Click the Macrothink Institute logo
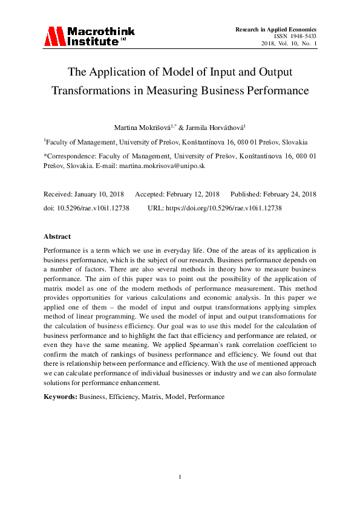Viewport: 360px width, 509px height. pyautogui.click(x=88, y=37)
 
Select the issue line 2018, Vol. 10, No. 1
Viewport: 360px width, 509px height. pyautogui.click(x=289, y=44)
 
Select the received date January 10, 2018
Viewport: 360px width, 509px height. pyautogui.click(x=99, y=194)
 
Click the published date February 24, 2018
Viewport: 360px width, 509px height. pyautogui.click(x=286, y=194)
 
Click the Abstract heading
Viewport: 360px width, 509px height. pyautogui.click(x=57, y=236)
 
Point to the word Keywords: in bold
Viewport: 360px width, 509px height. pyautogui.click(x=61, y=397)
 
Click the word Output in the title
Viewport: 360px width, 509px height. pyautogui.click(x=272, y=72)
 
